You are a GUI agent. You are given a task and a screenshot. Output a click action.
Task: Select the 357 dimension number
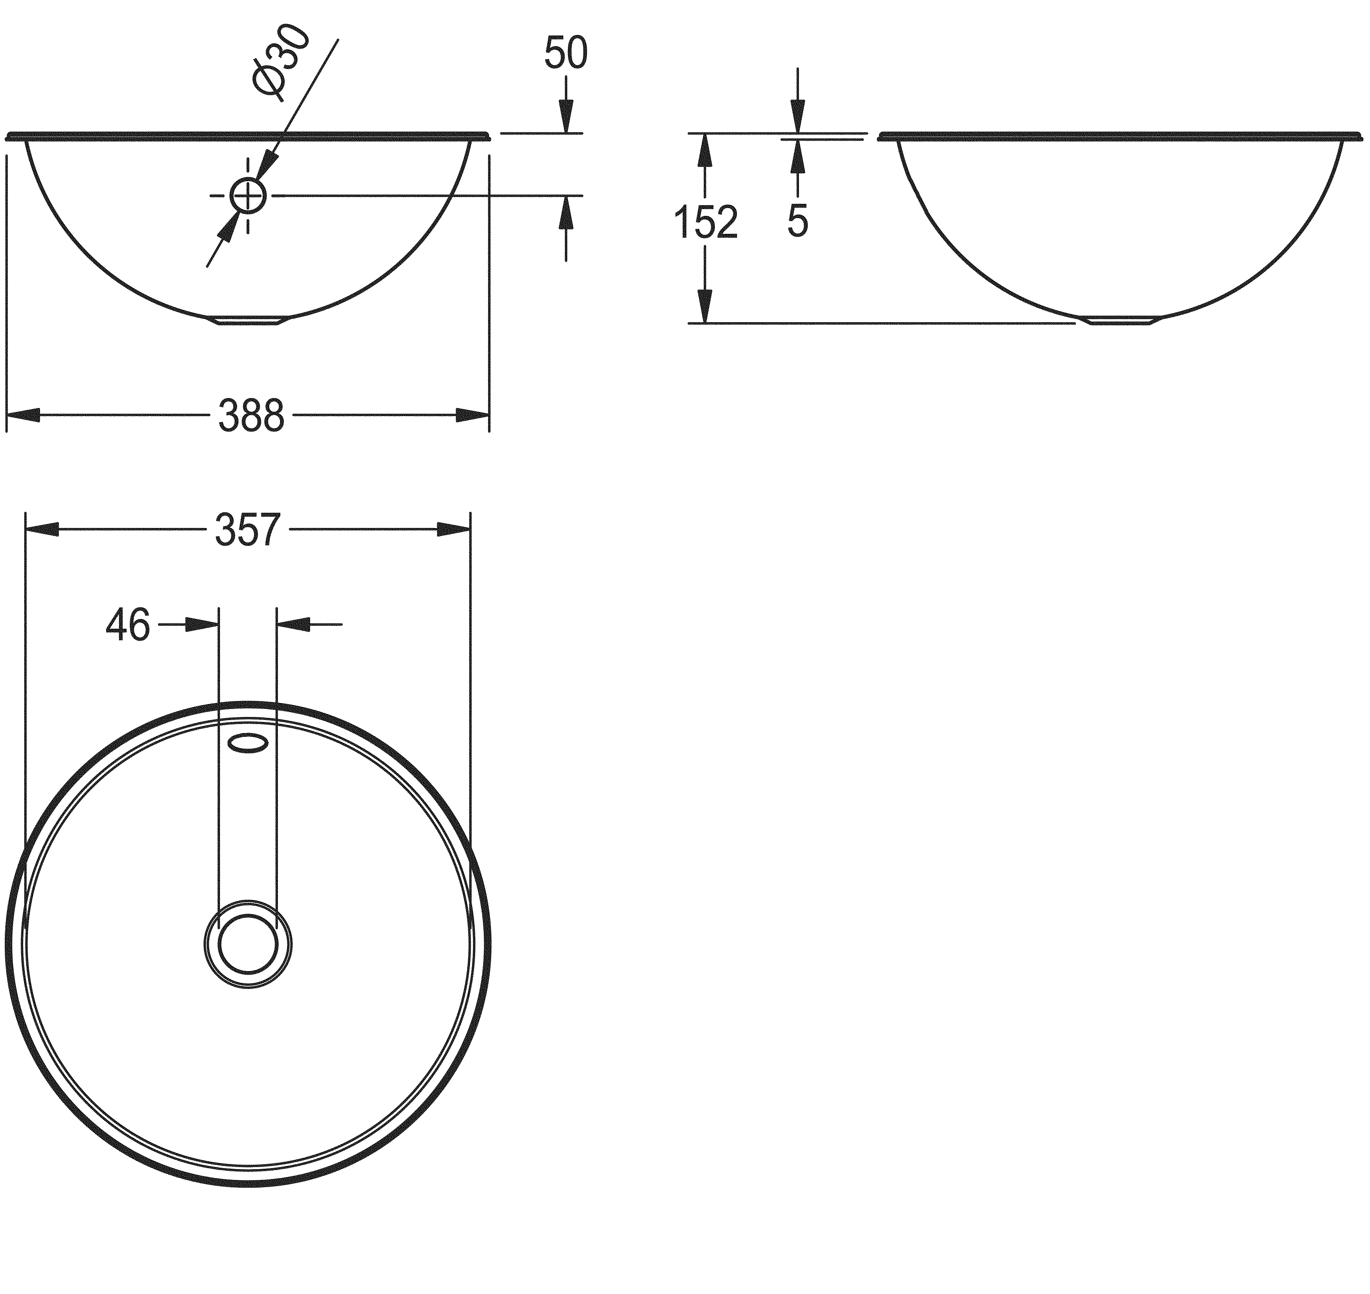(248, 530)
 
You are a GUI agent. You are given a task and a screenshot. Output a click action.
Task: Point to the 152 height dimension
(705, 222)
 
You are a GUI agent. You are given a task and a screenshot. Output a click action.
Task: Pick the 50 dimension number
(566, 53)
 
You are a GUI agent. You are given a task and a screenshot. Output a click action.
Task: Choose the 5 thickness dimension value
(798, 222)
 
